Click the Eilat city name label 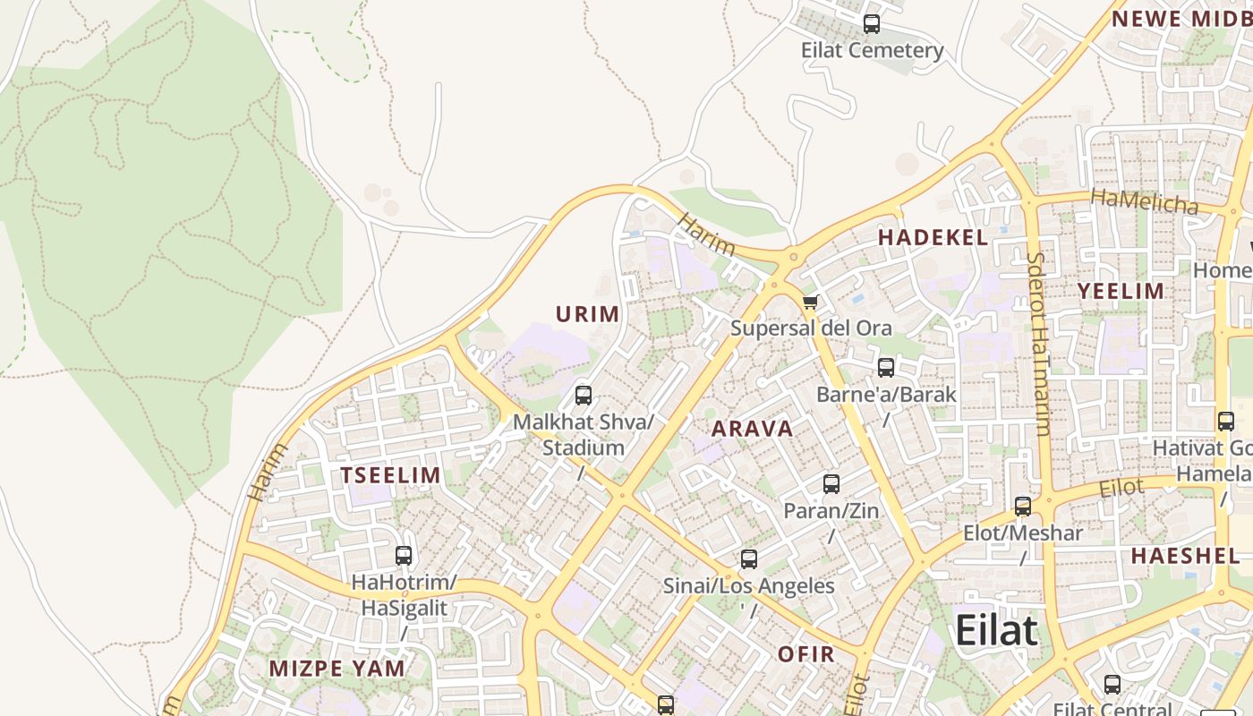click(x=996, y=630)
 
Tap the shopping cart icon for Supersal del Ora click(x=810, y=302)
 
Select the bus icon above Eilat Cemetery click(x=871, y=24)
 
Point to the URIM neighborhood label click(x=588, y=314)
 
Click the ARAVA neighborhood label click(x=752, y=429)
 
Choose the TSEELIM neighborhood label click(x=391, y=475)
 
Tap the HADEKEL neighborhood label click(x=933, y=237)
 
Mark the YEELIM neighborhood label click(x=1121, y=291)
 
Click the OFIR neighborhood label click(x=805, y=654)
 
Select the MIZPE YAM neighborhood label click(x=337, y=668)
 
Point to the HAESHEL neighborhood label click(x=1185, y=556)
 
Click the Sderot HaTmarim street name click(x=1039, y=344)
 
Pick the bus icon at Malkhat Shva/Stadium click(x=584, y=395)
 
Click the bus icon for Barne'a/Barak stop click(x=885, y=367)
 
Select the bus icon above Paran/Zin click(x=831, y=484)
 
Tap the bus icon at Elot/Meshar click(x=1023, y=507)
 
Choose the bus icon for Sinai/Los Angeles click(x=749, y=559)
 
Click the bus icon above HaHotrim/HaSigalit click(x=404, y=556)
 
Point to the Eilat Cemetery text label click(x=872, y=50)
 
